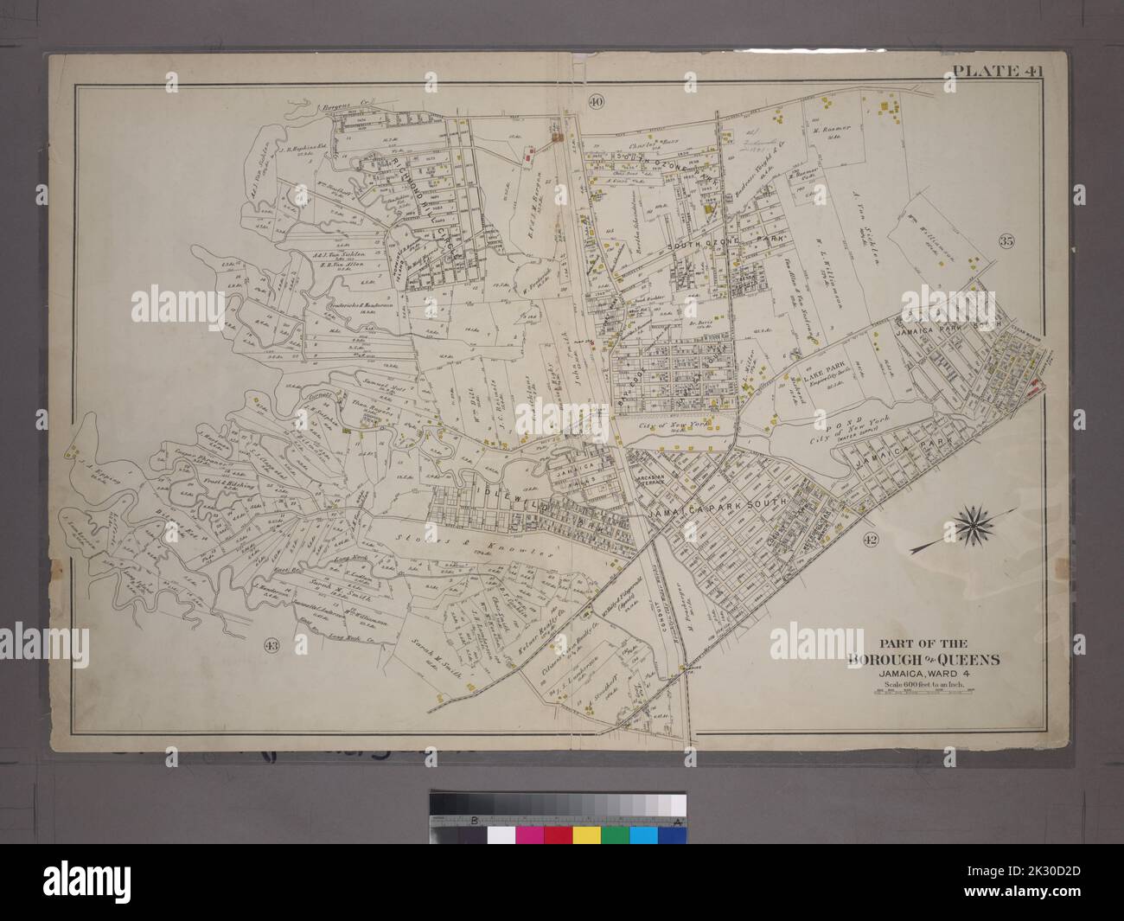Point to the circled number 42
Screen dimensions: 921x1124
point(870,539)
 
